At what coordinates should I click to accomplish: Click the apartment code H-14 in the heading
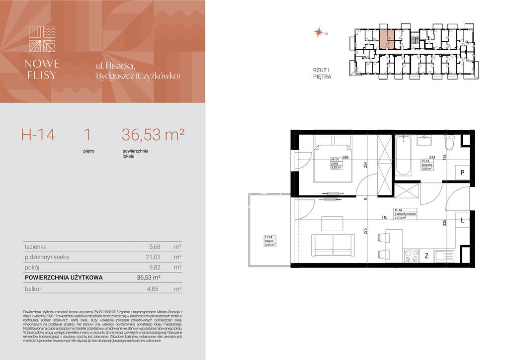[x=38, y=134]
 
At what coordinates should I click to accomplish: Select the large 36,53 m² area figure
[x=153, y=134]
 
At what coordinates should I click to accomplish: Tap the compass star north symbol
[x=318, y=33]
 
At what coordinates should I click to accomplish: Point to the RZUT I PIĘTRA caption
[x=322, y=74]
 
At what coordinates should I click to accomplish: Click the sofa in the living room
[x=333, y=244]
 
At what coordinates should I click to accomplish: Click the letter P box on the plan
[x=462, y=173]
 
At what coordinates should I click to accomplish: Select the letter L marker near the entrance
[x=462, y=220]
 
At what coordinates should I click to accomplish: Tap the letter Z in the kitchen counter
[x=426, y=257]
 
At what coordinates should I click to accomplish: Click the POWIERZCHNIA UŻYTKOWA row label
[x=64, y=278]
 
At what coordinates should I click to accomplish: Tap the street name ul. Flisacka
[x=116, y=66]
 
